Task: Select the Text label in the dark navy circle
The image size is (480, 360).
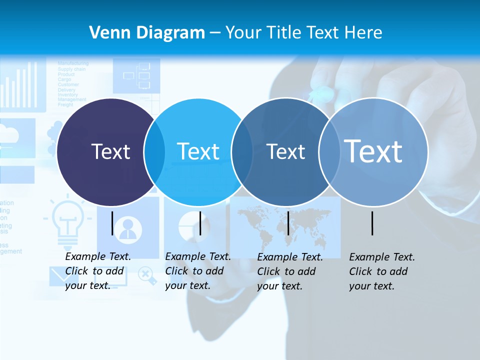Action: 110,151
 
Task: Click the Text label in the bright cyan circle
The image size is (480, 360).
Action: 198,151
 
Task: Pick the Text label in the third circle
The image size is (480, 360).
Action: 285,151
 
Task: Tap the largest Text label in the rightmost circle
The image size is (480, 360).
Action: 373,151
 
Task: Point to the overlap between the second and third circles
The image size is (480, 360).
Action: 242,151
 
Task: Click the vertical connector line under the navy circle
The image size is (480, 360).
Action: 112,223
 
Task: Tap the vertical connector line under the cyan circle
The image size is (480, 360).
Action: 200,223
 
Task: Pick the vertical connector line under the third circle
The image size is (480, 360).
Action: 288,223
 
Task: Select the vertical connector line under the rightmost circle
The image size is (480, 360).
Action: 372,223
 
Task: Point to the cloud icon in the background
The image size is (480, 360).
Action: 10,134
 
